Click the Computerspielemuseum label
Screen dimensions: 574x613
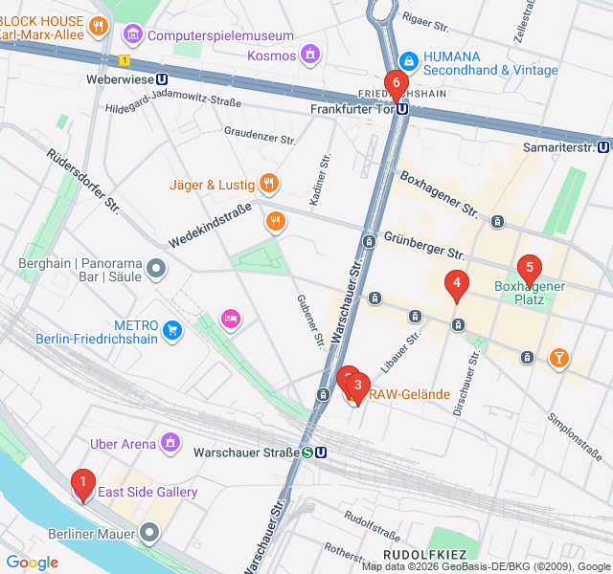pyautogui.click(x=221, y=36)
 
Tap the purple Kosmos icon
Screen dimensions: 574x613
pyautogui.click(x=308, y=54)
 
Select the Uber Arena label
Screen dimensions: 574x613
pyautogui.click(x=123, y=444)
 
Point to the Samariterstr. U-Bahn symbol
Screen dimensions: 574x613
pyautogui.click(x=603, y=147)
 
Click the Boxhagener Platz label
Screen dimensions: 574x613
pyautogui.click(x=532, y=293)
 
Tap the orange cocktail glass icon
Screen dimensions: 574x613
pyautogui.click(x=556, y=359)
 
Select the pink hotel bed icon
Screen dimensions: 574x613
pyautogui.click(x=230, y=318)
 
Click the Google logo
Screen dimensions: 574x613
pyautogui.click(x=32, y=563)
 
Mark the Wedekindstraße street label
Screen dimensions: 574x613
pyautogui.click(x=210, y=223)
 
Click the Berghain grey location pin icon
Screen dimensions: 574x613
pyautogui.click(x=156, y=270)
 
